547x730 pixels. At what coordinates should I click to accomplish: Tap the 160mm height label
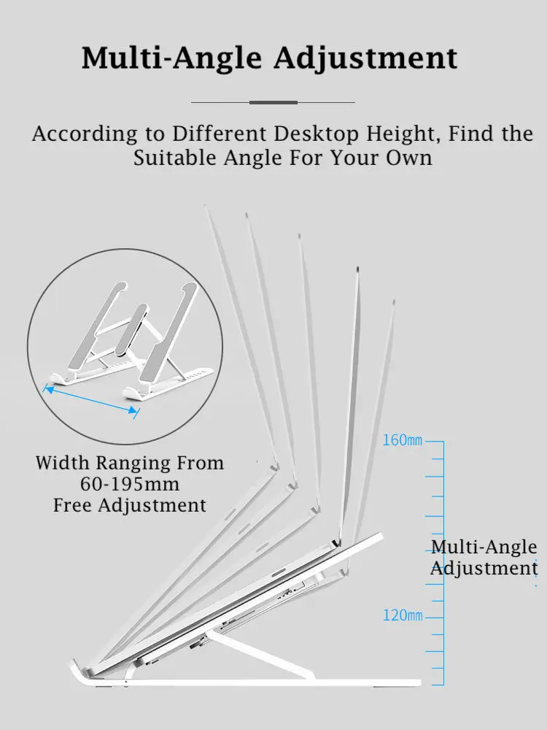click(403, 441)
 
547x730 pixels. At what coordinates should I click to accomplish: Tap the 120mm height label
click(403, 616)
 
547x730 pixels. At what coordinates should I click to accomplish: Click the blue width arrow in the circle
click(91, 401)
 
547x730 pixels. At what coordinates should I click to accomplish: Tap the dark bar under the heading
click(273, 102)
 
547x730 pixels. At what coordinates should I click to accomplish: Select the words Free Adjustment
click(130, 505)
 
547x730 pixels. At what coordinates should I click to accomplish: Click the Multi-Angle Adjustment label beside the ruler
click(484, 558)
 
